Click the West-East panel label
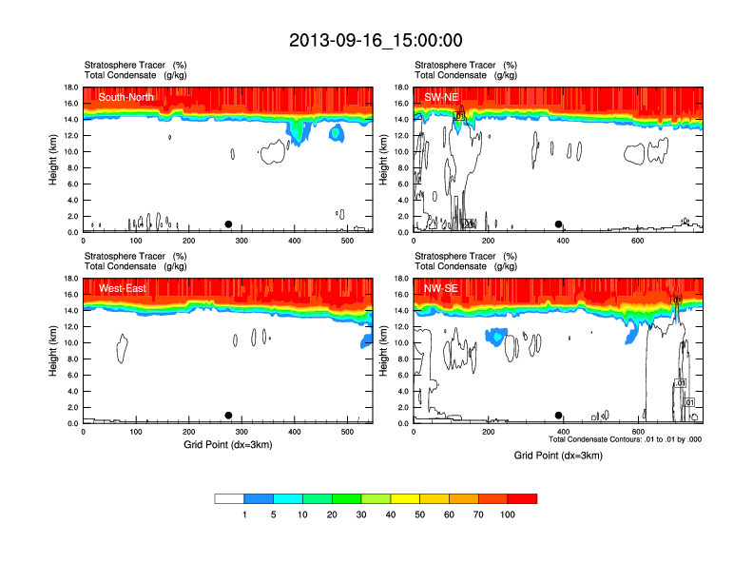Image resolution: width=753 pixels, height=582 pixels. click(122, 288)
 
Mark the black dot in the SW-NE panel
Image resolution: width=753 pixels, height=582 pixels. click(559, 224)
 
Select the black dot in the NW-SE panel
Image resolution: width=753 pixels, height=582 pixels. click(559, 416)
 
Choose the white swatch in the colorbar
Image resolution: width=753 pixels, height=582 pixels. click(230, 498)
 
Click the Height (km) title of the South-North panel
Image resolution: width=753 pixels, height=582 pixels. click(54, 160)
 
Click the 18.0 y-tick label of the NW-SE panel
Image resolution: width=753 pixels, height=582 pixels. click(402, 279)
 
